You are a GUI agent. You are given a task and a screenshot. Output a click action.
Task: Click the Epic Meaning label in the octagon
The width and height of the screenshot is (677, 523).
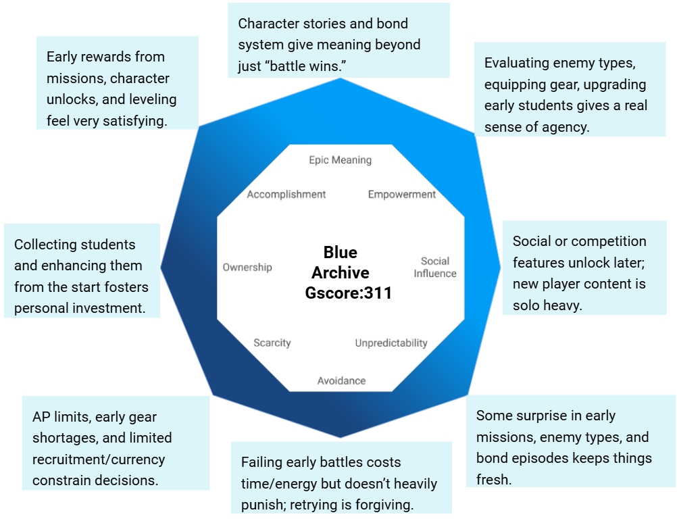(x=340, y=160)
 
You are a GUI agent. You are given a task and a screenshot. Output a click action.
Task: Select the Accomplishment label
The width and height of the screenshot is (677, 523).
(x=286, y=195)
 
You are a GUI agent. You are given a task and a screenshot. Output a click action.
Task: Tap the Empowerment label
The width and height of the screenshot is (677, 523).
(x=401, y=195)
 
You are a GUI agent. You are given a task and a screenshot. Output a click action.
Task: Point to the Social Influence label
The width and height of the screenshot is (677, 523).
(x=434, y=267)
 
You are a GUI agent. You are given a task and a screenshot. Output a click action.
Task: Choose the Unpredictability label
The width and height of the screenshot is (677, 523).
(x=391, y=343)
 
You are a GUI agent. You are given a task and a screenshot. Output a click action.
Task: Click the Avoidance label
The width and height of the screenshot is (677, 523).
(x=341, y=381)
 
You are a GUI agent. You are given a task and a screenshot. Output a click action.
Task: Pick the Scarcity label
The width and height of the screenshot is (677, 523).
(x=272, y=343)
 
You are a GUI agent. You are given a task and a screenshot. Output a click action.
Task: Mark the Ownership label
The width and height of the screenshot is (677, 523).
(x=247, y=268)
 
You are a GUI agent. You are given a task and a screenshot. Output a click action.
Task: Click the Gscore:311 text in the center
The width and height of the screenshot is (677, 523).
(x=348, y=294)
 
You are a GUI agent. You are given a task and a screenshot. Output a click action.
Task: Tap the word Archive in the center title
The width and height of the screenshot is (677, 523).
(x=341, y=273)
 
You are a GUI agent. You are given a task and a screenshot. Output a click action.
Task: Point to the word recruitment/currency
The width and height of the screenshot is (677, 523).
(x=99, y=459)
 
